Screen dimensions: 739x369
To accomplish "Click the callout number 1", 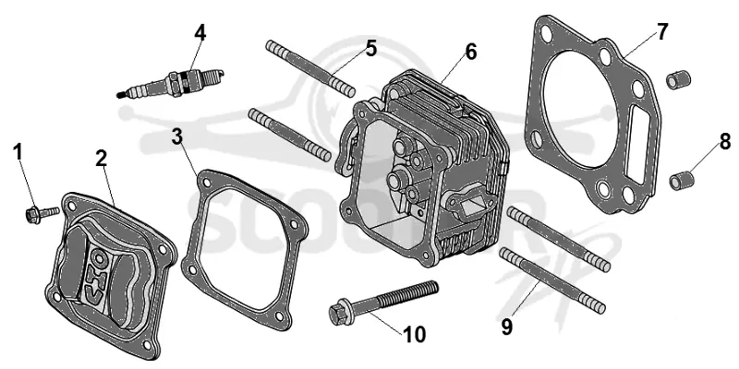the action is pos(18,152).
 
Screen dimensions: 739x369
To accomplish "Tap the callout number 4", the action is pos(200,32).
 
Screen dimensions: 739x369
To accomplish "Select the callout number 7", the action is pos(662,31).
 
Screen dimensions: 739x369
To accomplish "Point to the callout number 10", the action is pos(414,335).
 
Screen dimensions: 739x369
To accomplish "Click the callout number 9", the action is pos(507,327).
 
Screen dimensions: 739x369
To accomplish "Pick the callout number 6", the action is pos(471,52).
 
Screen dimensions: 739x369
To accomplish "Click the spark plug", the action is pos(170,83).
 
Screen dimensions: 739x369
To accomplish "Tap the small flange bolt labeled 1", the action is pos(42,214).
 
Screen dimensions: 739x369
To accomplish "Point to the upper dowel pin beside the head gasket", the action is pos(678,79).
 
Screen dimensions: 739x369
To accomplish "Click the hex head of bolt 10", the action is pos(337,314).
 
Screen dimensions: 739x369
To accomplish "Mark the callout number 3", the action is pos(177,137).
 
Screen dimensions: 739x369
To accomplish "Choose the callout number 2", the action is pos(101,159).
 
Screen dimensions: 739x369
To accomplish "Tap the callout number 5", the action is pos(371,48).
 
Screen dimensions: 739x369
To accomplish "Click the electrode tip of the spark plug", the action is pos(120,96).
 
